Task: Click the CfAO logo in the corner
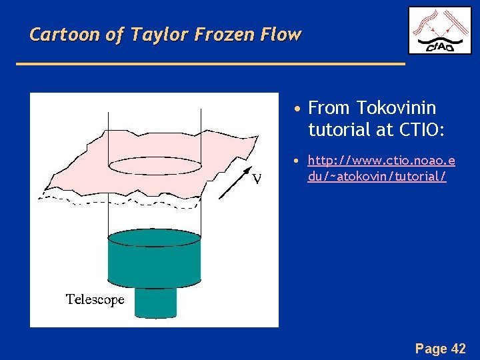click(x=439, y=30)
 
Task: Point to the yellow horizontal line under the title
click(x=210, y=63)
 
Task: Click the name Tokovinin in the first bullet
click(x=396, y=108)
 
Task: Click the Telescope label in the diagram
click(x=95, y=299)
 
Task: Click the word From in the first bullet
click(x=330, y=108)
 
